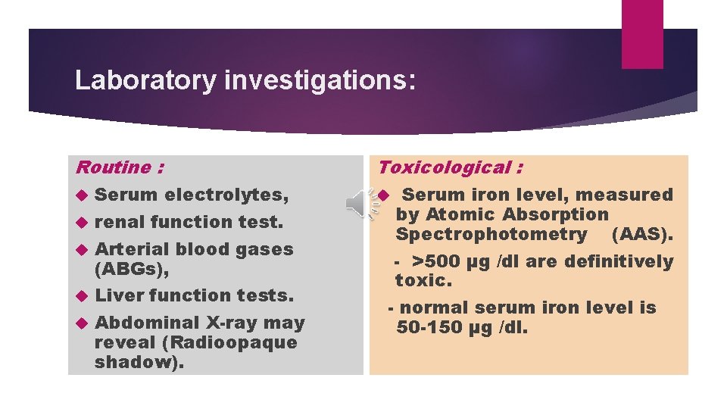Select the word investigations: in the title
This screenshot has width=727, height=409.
(320, 80)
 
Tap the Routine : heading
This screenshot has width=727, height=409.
(120, 167)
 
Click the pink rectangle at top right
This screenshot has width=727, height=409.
(641, 34)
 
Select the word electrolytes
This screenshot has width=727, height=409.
(226, 195)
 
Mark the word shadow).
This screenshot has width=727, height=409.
(139, 361)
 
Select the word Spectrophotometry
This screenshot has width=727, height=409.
(491, 234)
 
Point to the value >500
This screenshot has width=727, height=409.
(435, 262)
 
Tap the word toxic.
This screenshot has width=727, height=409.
(423, 281)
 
